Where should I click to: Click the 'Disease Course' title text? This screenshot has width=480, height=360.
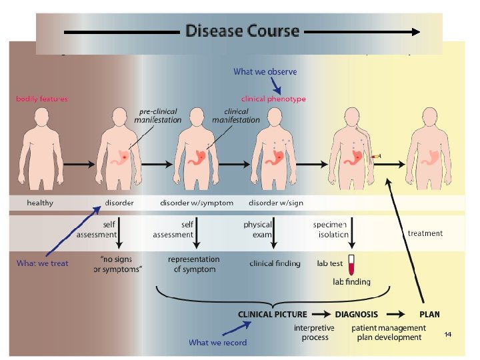242,31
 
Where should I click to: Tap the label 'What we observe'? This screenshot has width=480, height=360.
265,71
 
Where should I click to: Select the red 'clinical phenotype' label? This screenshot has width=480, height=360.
273,99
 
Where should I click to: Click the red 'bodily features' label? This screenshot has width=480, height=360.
42,99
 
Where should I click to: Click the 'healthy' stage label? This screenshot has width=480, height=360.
40,203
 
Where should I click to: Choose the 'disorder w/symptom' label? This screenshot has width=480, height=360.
197,203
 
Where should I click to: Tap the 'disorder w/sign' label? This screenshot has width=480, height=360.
275,203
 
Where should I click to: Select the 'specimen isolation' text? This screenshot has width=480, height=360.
331,229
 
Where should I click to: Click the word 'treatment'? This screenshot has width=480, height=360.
425,233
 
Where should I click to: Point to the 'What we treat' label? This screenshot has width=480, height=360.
43,263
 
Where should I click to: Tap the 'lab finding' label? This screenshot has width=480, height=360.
351,282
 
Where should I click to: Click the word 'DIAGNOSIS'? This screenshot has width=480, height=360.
356,314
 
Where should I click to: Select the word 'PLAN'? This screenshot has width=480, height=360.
429,314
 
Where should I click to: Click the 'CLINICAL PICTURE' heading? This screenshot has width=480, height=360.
273,314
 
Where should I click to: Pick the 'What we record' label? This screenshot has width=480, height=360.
217,343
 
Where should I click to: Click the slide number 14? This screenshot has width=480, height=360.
448,334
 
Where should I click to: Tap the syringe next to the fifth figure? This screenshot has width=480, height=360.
377,155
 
